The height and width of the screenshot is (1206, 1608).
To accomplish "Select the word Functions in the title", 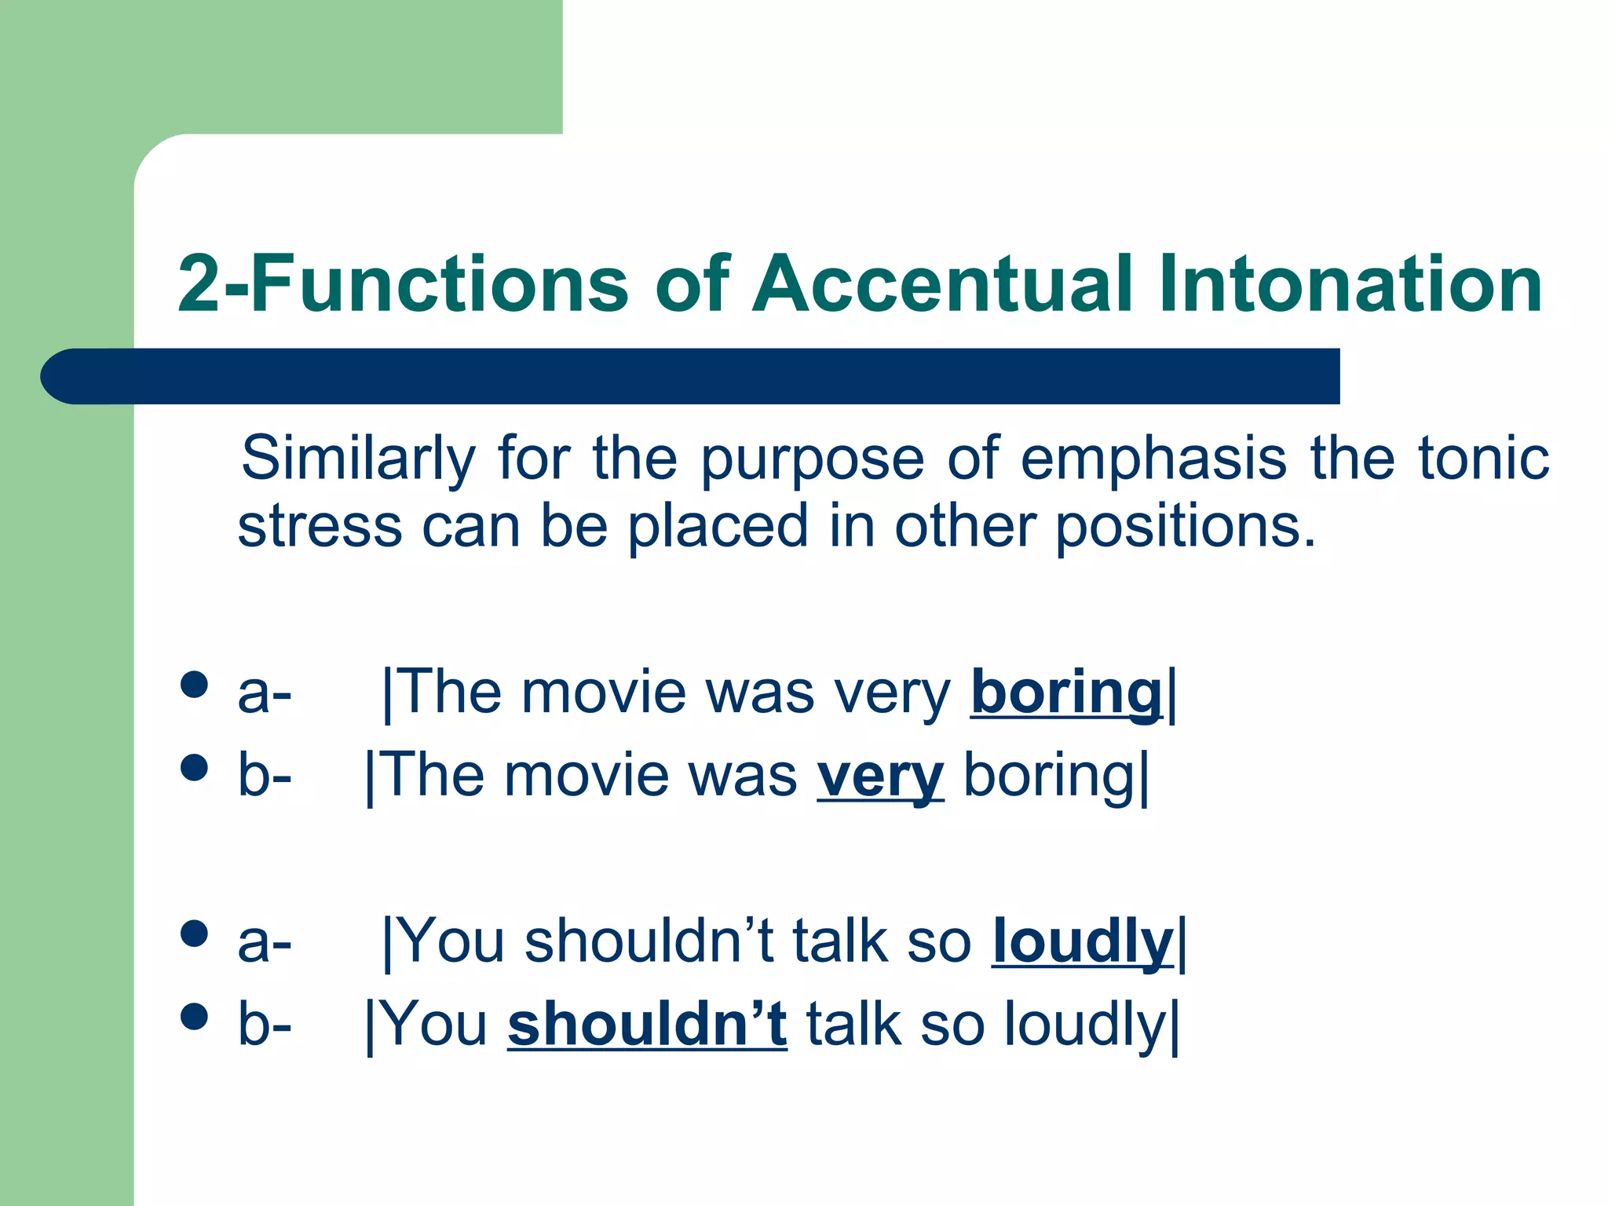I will point(440,284).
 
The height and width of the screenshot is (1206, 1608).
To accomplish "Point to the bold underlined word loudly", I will point(1082,942).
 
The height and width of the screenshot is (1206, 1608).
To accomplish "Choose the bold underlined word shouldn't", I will point(647,1025).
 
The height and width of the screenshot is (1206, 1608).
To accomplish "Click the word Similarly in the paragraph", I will point(358,459).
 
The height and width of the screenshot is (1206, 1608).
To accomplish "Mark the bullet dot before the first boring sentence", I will point(193,684).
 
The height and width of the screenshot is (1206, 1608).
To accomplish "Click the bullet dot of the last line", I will point(193,1016).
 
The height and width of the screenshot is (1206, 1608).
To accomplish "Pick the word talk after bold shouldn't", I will point(853,1025).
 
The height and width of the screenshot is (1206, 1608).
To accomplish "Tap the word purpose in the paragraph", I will point(812,459).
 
